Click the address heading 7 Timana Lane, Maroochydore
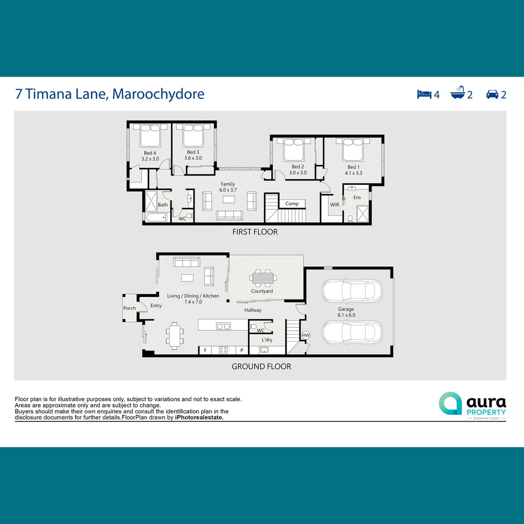pyautogui.click(x=110, y=94)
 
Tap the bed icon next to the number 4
pyautogui.click(x=424, y=94)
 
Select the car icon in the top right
pyautogui.click(x=492, y=94)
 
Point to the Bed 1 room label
pyautogui.click(x=353, y=167)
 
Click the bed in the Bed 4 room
pyautogui.click(x=150, y=136)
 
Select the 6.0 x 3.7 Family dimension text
pyautogui.click(x=228, y=190)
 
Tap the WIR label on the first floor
pyautogui.click(x=335, y=205)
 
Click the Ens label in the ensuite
pyautogui.click(x=357, y=197)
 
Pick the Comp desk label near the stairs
pyautogui.click(x=292, y=204)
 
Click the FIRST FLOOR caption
pyautogui.click(x=255, y=232)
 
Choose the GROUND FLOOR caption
pyautogui.click(x=261, y=366)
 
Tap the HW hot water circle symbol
pyautogui.click(x=306, y=335)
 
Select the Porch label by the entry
pyautogui.click(x=130, y=308)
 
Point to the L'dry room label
pyautogui.click(x=267, y=340)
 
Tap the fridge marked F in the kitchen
pyautogui.click(x=205, y=350)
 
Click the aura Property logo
pyautogui.click(x=472, y=404)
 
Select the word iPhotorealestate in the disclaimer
pyautogui.click(x=199, y=417)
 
